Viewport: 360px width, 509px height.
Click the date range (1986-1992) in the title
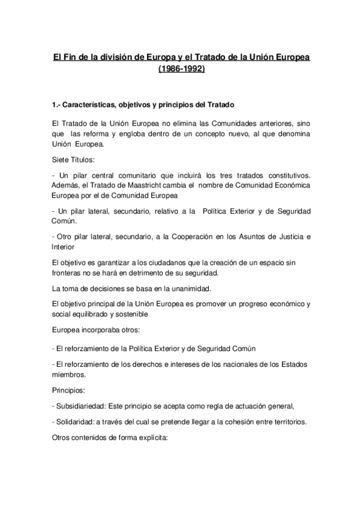[181, 70]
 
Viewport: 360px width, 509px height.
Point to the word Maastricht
[135, 184]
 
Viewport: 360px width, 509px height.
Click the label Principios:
[69, 391]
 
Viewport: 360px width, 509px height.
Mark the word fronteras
[68, 274]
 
